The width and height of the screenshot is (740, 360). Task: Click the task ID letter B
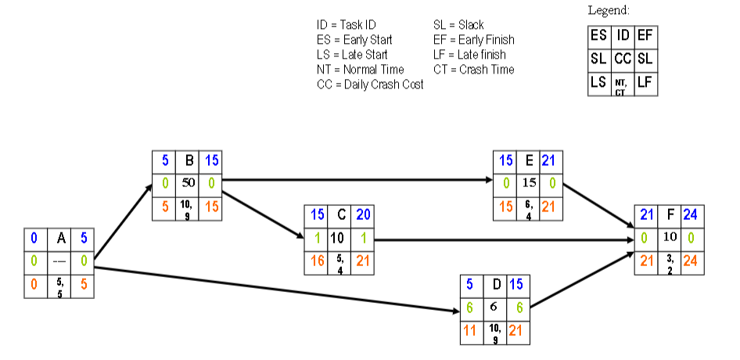pos(189,160)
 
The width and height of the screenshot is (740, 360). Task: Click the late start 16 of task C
pos(317,261)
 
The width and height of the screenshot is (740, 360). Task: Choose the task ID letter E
pos(530,160)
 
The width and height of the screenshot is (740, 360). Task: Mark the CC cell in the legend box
pos(623,59)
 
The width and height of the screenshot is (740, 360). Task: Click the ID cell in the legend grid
pos(623,35)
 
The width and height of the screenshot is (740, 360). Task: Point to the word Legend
pos(609,10)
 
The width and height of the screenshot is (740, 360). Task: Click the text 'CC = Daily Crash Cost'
pos(370,85)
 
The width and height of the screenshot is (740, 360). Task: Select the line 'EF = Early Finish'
pos(473,40)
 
